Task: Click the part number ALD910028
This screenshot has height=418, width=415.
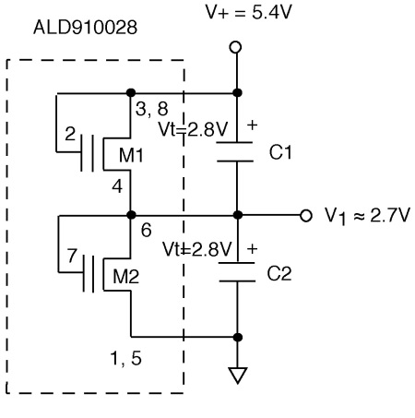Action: [x=85, y=28]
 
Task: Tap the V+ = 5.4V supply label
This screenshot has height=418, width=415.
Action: [x=248, y=13]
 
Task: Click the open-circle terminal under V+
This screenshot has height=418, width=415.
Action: [x=235, y=47]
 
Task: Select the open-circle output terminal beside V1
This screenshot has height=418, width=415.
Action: [x=306, y=215]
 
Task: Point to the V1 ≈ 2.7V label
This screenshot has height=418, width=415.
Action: [x=367, y=216]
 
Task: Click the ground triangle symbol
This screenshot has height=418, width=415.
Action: [x=238, y=376]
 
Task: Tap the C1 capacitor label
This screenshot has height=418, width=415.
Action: [x=280, y=152]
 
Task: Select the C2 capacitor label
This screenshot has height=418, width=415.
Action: [x=279, y=273]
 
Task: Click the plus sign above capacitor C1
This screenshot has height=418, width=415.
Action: [x=252, y=125]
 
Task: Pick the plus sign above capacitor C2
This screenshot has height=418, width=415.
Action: [x=252, y=248]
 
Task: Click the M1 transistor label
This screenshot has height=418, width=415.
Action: [x=131, y=155]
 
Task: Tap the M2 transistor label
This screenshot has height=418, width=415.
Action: [x=126, y=276]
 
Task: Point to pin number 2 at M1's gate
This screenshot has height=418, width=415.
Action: [x=70, y=134]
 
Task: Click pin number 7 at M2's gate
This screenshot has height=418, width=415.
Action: [x=72, y=256]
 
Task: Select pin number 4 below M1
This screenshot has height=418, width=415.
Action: [x=117, y=186]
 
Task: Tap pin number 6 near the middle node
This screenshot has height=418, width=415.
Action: [x=147, y=230]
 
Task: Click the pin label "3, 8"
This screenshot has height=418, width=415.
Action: [x=152, y=109]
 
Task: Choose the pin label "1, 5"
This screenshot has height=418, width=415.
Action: [x=125, y=358]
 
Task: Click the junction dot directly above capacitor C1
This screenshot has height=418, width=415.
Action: [x=237, y=92]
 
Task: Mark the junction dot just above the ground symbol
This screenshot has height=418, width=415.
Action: [x=237, y=337]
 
